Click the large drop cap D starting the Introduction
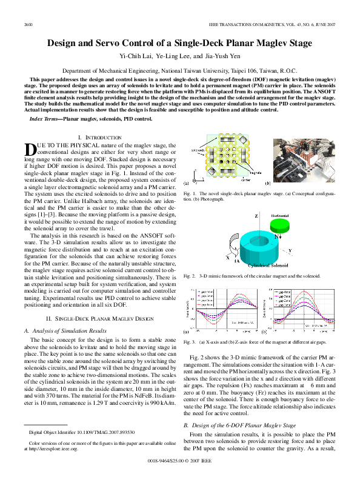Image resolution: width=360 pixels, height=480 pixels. [x=29, y=149]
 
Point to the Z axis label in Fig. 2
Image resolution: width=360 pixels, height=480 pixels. [x=256, y=216]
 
